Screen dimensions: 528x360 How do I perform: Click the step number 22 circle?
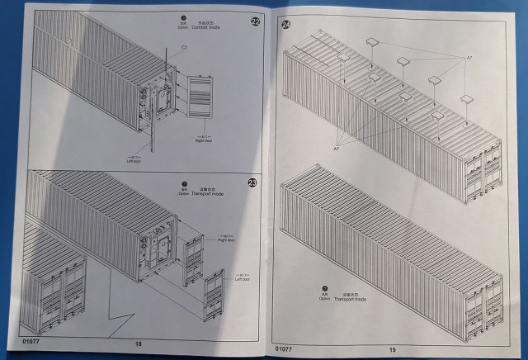(255, 21)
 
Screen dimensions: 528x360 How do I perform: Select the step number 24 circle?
(286, 26)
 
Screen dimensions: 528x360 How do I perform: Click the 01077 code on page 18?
(23, 339)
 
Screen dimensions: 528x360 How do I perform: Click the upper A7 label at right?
(469, 58)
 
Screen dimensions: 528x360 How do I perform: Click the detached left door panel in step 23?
(217, 301)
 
